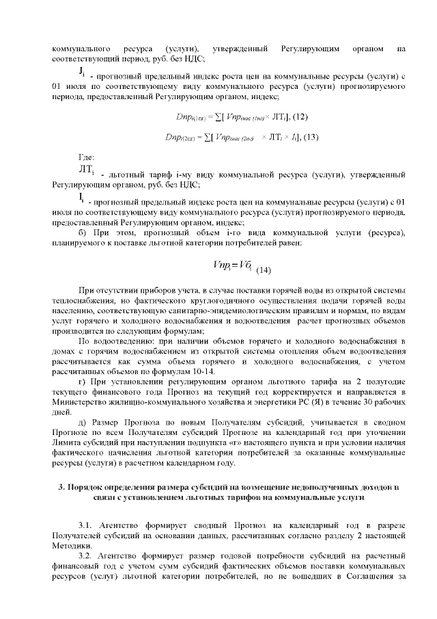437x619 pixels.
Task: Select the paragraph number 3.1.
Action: click(86, 523)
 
